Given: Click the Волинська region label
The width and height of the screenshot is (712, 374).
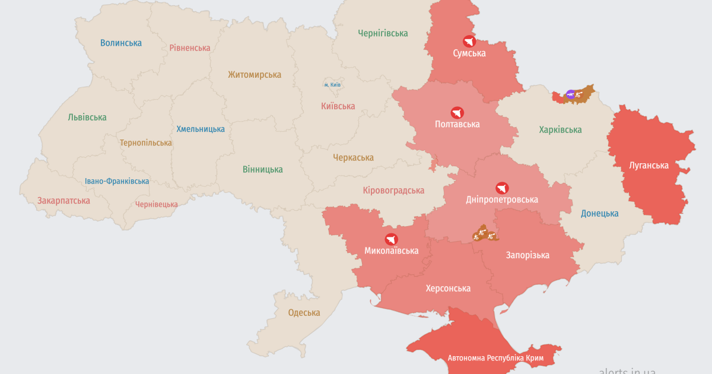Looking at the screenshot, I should [x=121, y=43].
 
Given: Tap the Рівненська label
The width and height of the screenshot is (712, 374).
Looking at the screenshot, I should [x=190, y=47].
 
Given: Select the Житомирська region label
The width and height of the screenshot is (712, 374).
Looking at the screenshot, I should [x=255, y=75].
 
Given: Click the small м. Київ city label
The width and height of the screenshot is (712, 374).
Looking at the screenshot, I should [x=332, y=85].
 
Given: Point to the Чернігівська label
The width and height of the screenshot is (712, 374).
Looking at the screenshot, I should [x=383, y=33].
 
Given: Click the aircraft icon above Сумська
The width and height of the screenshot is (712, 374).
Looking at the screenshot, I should [x=469, y=42].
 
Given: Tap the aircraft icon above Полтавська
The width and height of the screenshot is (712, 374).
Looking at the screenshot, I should [x=457, y=113].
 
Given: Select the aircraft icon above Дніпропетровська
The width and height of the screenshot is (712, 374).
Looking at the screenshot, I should [x=503, y=188].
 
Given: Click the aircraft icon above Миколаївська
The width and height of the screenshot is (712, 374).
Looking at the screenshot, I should [x=391, y=240].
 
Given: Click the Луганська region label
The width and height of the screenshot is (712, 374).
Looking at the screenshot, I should [x=649, y=166].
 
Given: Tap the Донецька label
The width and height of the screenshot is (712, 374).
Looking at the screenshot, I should [x=599, y=213].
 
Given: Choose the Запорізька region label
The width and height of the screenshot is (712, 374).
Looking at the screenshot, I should [x=527, y=255].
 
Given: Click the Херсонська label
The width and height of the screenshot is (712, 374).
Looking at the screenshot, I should [x=448, y=289].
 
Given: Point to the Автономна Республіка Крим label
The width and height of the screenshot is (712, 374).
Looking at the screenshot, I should [x=496, y=358].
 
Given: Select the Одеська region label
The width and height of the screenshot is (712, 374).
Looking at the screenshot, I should [x=304, y=313].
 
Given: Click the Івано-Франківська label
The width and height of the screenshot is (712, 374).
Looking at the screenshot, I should [x=117, y=181].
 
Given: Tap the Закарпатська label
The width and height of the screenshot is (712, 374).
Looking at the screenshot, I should [x=63, y=201].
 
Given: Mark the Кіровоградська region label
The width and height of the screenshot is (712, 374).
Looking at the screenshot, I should [x=393, y=191].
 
